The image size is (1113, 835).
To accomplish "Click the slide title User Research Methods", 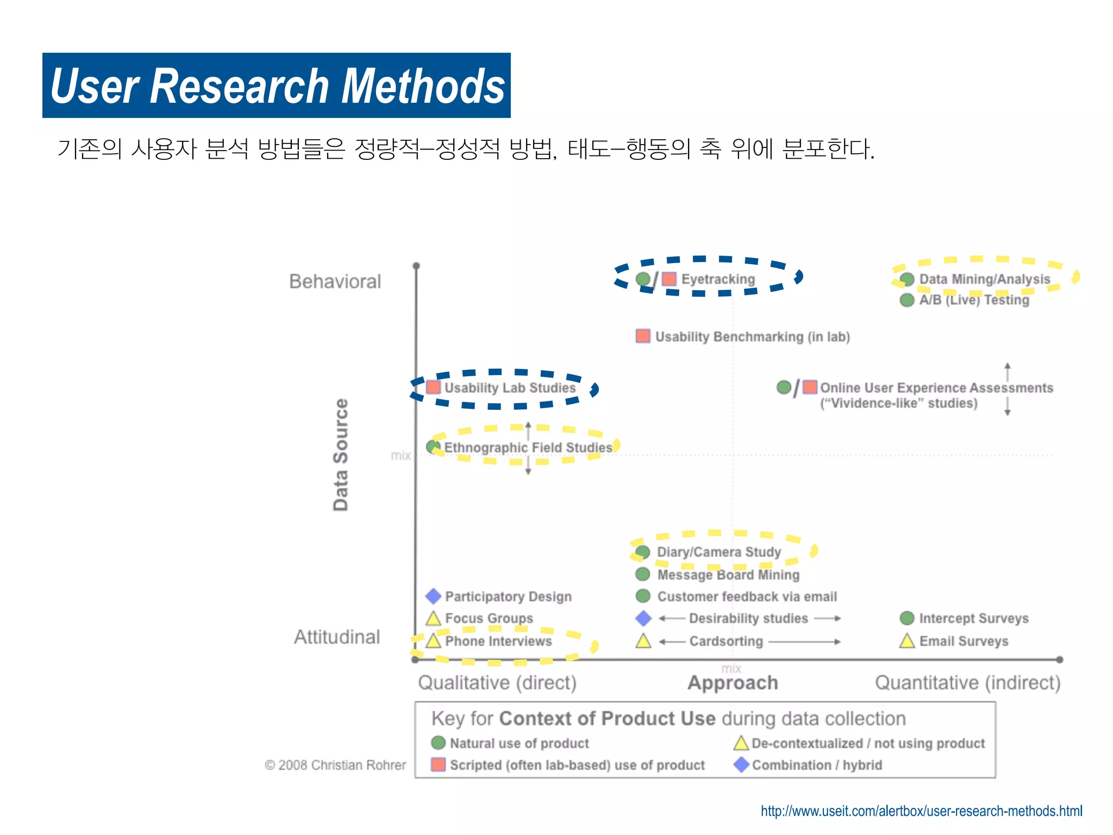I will point(277,86).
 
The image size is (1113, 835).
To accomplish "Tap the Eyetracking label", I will point(718,279).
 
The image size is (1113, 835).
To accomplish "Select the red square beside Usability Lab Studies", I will point(433,387).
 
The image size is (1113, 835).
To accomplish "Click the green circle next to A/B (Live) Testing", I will point(906,300).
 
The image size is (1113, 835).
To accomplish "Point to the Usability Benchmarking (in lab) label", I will point(752,337).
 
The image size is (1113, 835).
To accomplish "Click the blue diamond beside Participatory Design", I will point(433,596).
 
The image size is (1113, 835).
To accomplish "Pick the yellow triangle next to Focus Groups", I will point(433,619).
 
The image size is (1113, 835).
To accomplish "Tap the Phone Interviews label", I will point(498,641).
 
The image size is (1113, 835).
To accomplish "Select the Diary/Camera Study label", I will point(718,552).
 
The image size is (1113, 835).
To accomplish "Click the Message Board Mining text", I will point(728,575).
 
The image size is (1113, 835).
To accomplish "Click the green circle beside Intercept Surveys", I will point(906,618).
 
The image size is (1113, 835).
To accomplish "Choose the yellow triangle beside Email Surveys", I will point(906,641).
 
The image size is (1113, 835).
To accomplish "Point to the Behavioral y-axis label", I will point(335,282).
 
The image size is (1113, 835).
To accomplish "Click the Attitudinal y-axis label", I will point(337,637).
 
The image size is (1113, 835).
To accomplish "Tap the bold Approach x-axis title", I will point(733,683).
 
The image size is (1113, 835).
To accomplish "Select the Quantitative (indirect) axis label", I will point(967,683).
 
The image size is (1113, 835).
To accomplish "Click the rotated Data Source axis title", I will point(341,454).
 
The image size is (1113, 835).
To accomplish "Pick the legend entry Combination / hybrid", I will point(816,765).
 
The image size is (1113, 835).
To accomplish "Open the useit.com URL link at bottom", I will point(921,811).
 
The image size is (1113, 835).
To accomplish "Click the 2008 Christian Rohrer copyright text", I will point(335,765).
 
